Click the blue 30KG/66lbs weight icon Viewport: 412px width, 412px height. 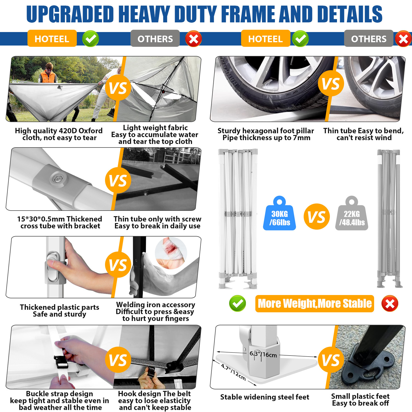[279, 215]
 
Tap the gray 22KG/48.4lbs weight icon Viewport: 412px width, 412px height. [352, 215]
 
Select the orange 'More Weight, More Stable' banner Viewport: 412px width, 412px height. [315, 303]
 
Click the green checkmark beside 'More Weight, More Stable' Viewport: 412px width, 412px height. [237, 303]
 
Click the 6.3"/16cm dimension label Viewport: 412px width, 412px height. [263, 354]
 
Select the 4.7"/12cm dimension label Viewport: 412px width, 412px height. [233, 372]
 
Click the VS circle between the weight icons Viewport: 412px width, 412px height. [317, 217]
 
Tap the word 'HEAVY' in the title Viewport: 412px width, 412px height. [144, 14]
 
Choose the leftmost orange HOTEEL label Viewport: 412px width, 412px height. [52, 39]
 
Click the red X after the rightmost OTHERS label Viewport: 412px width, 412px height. [403, 39]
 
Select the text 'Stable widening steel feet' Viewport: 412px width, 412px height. [264, 397]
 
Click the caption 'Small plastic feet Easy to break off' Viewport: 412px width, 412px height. [360, 400]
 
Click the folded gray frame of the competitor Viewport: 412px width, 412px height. [389, 219]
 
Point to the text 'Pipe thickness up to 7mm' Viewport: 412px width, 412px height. [266, 138]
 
